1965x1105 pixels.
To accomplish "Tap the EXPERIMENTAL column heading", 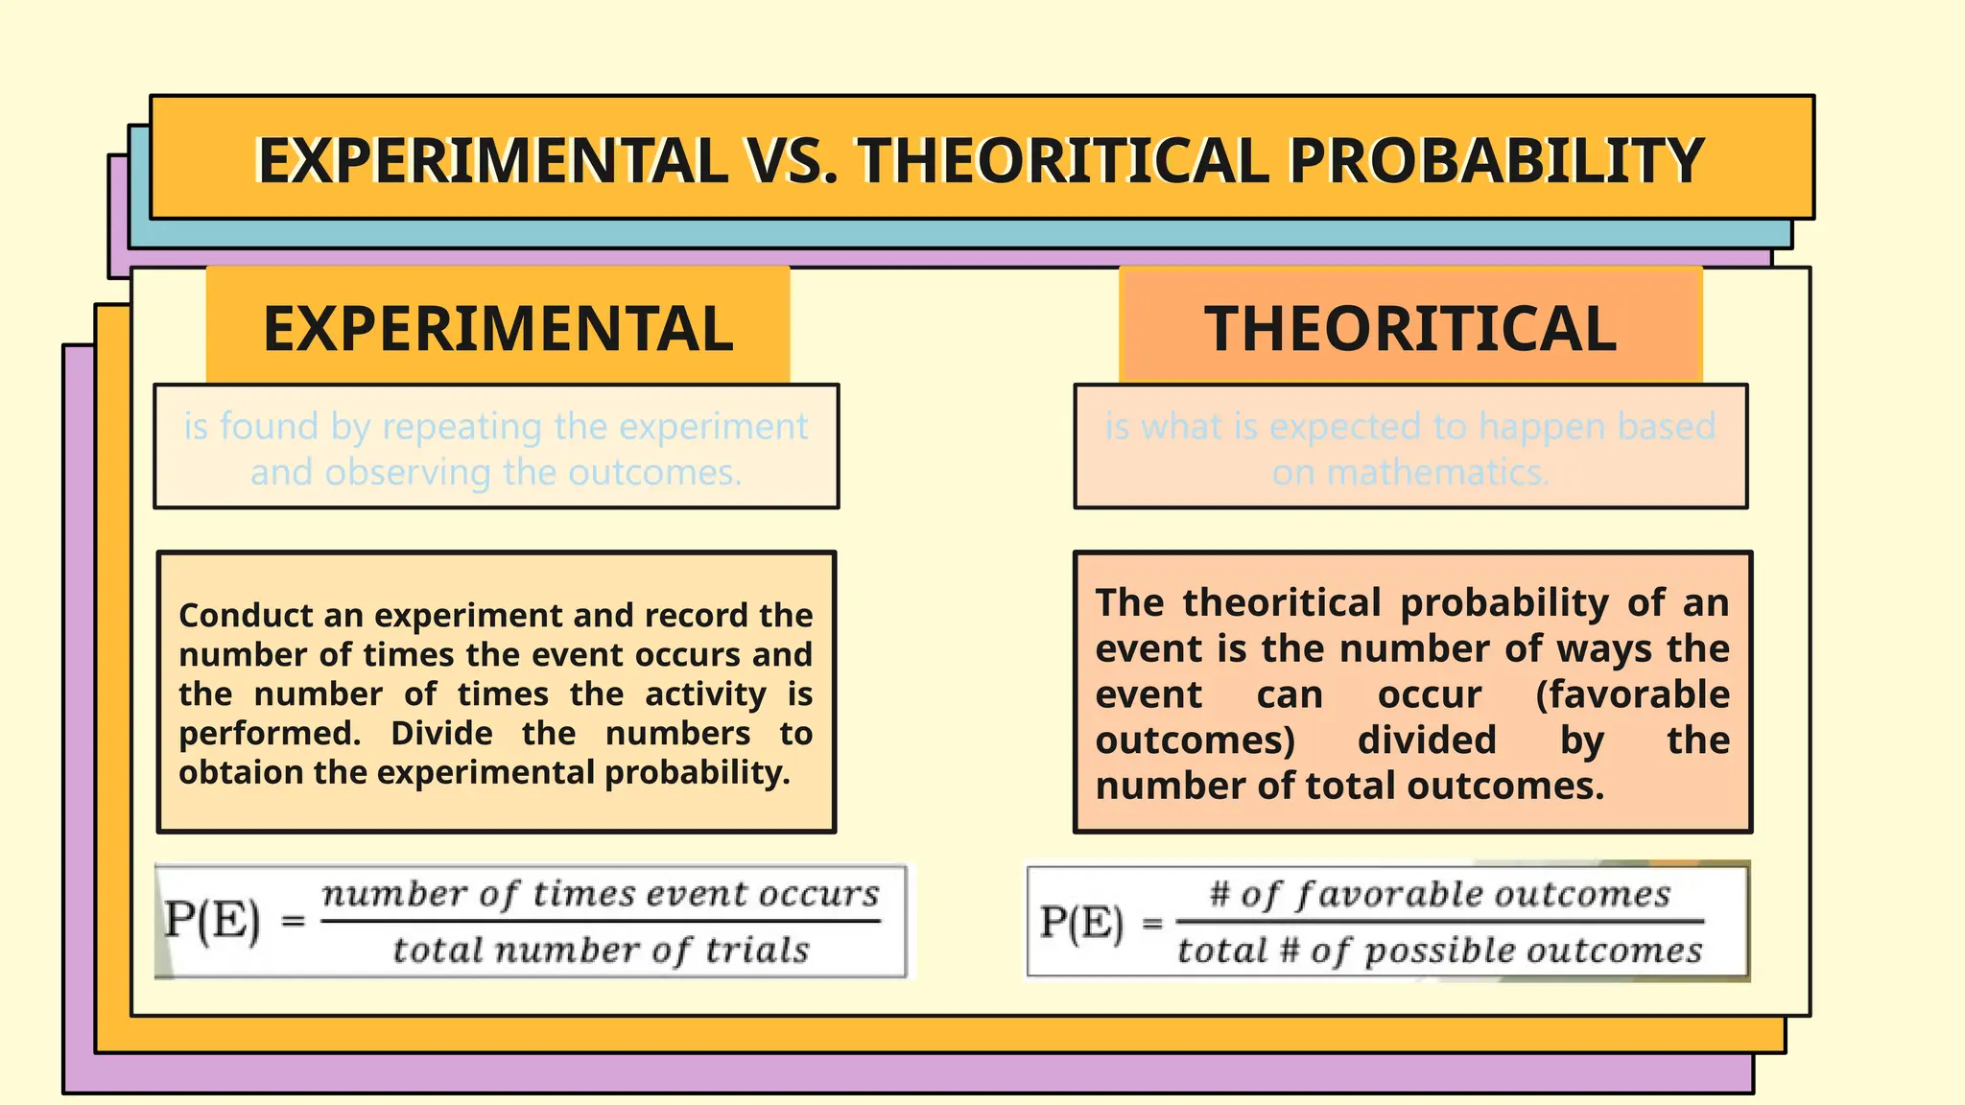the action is coord(498,329).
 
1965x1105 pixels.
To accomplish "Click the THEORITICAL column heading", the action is coord(1410,329).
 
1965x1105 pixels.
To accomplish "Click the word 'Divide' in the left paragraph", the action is coord(441,734).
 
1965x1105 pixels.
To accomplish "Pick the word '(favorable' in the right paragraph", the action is coord(1632,694).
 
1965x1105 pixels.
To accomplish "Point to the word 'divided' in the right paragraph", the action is coord(1427,741).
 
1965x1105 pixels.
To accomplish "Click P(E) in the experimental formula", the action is coord(212,921).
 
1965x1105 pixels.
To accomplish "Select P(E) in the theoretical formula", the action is coord(1081,923).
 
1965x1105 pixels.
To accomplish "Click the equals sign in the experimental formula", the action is coord(294,922).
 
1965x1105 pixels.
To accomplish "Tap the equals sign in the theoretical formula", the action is coord(1152,923).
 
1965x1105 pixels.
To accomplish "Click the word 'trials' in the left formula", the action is coord(757,950).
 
